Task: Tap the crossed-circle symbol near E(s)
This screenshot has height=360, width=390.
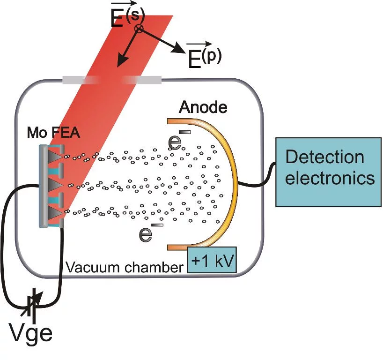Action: pos(139,29)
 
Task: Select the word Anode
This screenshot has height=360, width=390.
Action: pos(203,108)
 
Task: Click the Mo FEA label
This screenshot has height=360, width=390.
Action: pos(52,134)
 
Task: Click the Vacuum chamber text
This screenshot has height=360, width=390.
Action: pos(124,268)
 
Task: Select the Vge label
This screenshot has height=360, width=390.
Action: pos(31,333)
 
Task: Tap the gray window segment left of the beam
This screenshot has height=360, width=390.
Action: pos(80,80)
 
